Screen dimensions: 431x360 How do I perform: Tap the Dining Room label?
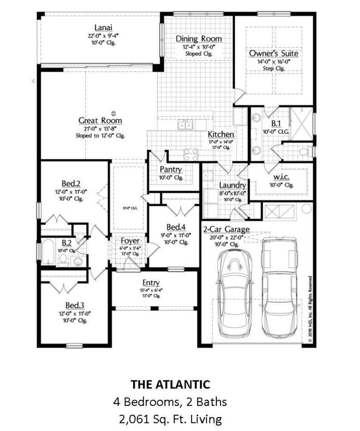point(199,39)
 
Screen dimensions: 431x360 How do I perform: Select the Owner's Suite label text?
point(273,54)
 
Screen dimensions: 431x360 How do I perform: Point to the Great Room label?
point(100,121)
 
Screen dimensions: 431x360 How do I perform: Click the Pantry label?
point(171,169)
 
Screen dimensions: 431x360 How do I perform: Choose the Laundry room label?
point(232,185)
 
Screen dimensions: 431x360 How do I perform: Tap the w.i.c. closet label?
point(281,176)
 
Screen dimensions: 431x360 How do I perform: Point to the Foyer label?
point(130,241)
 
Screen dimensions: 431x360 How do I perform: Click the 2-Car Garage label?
point(226,230)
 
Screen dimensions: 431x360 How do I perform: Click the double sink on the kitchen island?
point(186,125)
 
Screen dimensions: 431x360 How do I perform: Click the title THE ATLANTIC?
point(170,385)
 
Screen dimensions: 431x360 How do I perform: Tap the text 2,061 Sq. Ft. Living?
point(170,420)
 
